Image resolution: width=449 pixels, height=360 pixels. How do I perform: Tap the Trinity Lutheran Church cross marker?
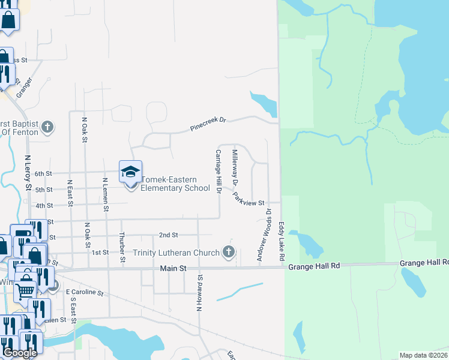(228, 252)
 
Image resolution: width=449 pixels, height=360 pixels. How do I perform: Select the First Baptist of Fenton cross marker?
(48, 128)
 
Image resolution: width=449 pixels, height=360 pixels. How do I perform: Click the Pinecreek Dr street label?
(208, 124)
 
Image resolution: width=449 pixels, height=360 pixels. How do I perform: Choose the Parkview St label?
(249, 199)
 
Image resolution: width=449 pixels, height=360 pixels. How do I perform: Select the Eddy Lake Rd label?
(281, 241)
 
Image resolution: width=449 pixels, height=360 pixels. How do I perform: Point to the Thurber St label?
(122, 247)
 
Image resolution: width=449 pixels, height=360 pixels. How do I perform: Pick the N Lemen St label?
(106, 194)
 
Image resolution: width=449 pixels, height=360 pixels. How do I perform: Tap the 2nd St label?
(169, 235)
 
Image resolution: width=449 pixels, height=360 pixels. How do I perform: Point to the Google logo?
(19, 353)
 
